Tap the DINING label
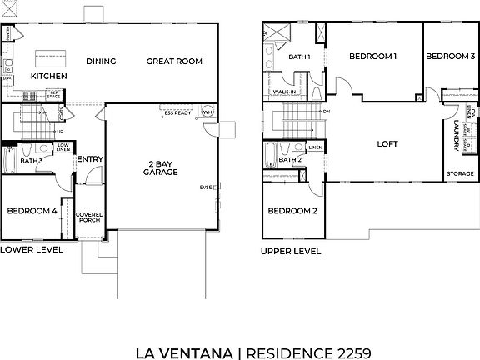[101, 61]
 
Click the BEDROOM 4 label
[32, 212]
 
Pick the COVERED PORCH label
[89, 218]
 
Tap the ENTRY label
[89, 159]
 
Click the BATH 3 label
[32, 160]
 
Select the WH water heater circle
[207, 112]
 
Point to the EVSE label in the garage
[207, 187]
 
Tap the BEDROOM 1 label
[372, 57]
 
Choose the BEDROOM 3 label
[450, 57]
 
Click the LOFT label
[387, 143]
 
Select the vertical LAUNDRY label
[457, 135]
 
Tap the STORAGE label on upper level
[459, 174]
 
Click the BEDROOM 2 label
[292, 212]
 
